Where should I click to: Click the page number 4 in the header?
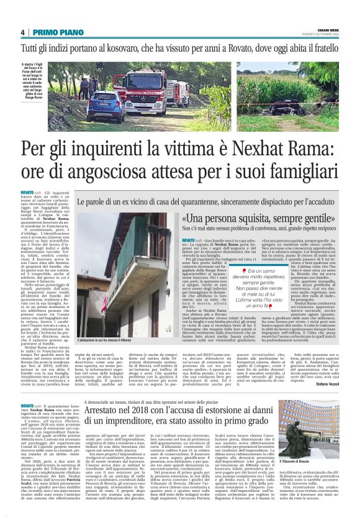click(22, 32)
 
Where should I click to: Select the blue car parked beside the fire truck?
click(106, 106)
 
